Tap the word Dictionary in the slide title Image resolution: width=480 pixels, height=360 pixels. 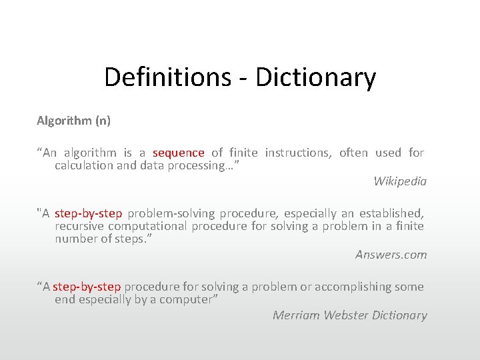pos(315,77)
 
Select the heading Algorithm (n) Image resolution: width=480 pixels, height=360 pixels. pos(73,121)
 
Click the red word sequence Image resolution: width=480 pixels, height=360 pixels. pos(178,153)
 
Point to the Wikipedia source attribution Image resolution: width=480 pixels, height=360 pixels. pos(400,181)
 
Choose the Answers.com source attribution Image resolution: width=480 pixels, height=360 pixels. pos(391,254)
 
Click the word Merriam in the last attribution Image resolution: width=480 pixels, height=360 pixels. pos(296,315)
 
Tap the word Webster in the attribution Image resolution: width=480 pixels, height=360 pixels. pos(347,315)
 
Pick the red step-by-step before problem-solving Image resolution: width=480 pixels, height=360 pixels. pos(88,213)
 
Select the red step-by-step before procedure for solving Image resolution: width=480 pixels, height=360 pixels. pos(87,287)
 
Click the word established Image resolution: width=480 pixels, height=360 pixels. pos(391,213)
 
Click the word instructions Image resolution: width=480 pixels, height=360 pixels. pos(297,153)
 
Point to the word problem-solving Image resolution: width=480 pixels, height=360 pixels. pos(171,213)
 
